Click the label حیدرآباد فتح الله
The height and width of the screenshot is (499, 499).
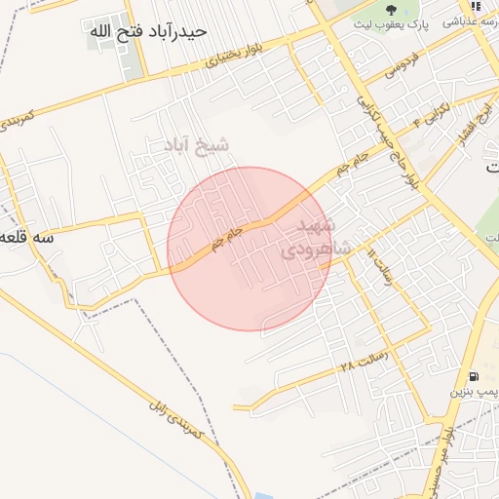148,31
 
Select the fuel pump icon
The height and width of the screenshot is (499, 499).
474,377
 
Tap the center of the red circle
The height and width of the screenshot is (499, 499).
249,249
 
